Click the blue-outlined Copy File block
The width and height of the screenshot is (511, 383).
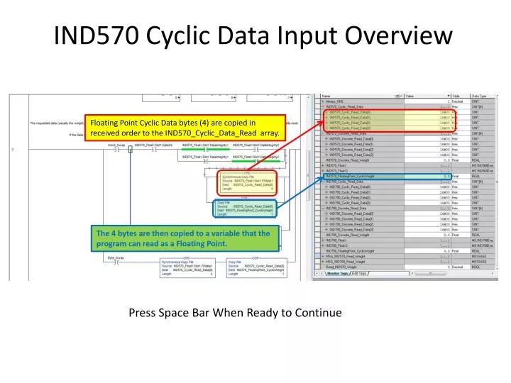[x=245, y=208]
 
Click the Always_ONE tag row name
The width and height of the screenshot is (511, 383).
[x=338, y=101]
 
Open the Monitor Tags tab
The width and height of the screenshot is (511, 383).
[x=337, y=272]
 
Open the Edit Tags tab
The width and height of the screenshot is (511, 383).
[x=359, y=272]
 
